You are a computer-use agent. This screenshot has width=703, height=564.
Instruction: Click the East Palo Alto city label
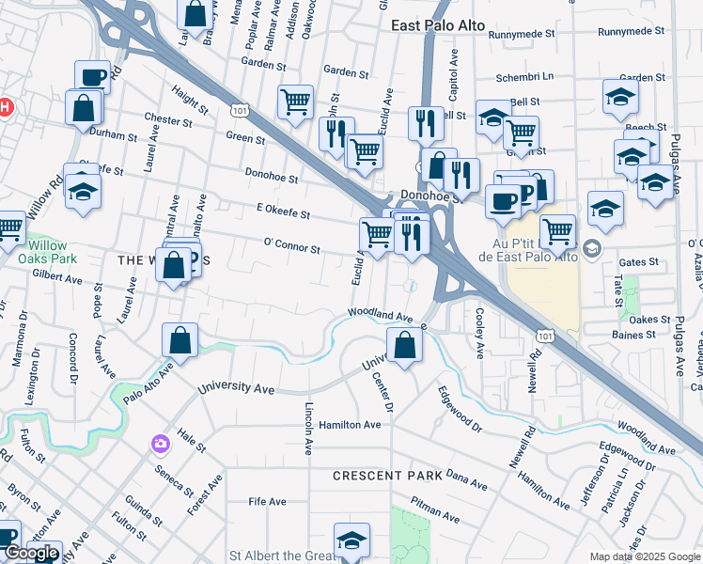pyautogui.click(x=439, y=26)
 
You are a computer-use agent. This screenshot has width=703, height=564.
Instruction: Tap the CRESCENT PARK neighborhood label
pyautogui.click(x=387, y=477)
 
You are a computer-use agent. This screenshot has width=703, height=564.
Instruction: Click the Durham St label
pyautogui.click(x=114, y=134)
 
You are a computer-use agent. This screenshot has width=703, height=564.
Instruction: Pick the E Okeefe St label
pyautogui.click(x=283, y=213)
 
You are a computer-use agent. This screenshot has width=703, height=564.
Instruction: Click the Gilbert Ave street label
pyautogui.click(x=58, y=277)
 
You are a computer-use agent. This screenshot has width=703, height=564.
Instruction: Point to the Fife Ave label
pyautogui.click(x=266, y=502)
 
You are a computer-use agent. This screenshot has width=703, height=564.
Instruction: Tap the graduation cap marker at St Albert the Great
pyautogui.click(x=351, y=540)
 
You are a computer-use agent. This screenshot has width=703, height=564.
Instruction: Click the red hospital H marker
pyautogui.click(x=5, y=106)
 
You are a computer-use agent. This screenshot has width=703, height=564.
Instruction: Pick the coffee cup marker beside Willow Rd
pyautogui.click(x=93, y=77)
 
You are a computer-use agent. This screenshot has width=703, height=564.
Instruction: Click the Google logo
pyautogui.click(x=32, y=553)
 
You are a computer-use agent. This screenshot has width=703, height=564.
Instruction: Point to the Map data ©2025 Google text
pyautogui.click(x=645, y=556)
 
